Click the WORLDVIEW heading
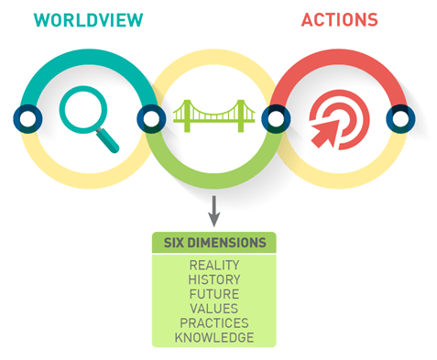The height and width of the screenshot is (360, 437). click(88, 20)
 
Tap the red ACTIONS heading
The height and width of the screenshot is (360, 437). click(340, 20)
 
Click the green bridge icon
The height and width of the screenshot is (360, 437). click(213, 116)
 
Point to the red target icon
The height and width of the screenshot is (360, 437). click(339, 119)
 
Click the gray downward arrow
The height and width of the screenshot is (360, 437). click(214, 211)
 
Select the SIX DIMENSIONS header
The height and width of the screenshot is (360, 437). click(214, 243)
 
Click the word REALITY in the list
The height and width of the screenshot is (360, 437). click(214, 265)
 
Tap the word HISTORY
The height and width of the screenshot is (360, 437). click(214, 279)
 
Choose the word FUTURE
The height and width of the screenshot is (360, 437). click(214, 294)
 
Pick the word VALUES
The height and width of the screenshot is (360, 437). click(214, 309)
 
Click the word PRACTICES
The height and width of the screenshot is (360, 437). click(214, 323)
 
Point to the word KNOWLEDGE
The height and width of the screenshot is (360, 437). click(214, 337)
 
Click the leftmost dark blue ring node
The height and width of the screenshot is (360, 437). click(27, 119)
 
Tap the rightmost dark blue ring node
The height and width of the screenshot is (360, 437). click(400, 119)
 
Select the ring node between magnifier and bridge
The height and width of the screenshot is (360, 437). click(151, 119)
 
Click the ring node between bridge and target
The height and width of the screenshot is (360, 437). click(276, 119)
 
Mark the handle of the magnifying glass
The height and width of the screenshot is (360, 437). click(107, 140)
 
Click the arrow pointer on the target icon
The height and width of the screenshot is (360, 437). click(326, 134)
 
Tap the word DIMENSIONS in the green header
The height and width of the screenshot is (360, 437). click(226, 243)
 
